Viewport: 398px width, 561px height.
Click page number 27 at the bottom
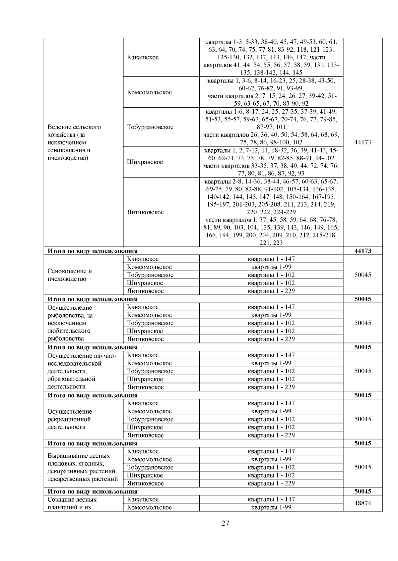click(x=225, y=524)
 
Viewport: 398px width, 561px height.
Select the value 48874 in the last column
click(x=363, y=503)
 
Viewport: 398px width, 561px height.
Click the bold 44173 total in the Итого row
click(x=363, y=251)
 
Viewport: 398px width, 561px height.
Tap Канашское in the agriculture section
click(x=143, y=57)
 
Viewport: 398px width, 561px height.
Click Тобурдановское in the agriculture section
click(x=150, y=127)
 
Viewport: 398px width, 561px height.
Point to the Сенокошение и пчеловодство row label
click(x=70, y=275)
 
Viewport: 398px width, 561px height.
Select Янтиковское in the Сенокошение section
click(x=145, y=291)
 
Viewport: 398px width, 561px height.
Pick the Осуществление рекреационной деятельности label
click(x=69, y=419)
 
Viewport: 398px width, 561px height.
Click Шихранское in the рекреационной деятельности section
click(x=145, y=427)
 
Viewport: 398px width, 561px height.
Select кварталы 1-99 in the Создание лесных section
click(x=271, y=507)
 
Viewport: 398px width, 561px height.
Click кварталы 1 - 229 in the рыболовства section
click(x=271, y=339)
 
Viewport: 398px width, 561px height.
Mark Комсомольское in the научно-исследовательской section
click(x=149, y=363)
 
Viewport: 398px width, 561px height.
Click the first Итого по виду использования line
click(x=93, y=251)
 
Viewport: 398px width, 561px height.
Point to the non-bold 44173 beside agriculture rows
click(x=363, y=142)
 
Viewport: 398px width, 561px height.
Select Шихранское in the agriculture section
click(x=145, y=162)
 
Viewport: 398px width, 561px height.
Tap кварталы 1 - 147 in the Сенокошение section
click(x=271, y=259)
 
